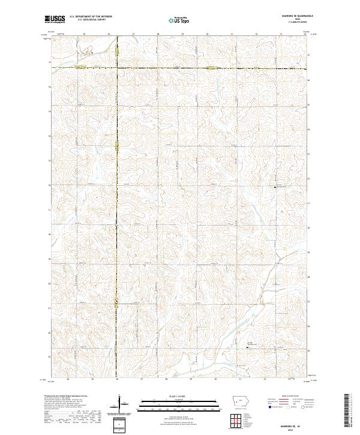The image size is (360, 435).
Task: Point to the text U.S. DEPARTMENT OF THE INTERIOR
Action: coord(91,17)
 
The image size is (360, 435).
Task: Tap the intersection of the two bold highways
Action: coord(117,68)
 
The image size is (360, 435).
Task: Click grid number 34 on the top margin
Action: coord(305,35)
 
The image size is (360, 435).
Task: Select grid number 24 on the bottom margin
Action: coord(68,380)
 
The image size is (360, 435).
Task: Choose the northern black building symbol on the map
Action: coord(275,188)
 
